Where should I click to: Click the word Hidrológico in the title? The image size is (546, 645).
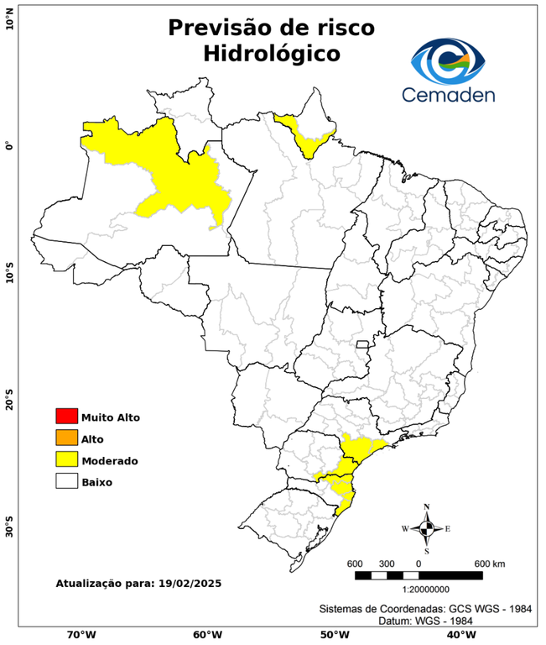271,54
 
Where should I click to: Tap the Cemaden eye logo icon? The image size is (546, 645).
448,59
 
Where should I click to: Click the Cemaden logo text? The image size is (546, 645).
448,95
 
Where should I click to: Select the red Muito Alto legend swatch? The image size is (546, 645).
66,417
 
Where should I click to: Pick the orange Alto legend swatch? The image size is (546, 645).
66,438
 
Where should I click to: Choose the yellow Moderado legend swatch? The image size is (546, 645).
66,460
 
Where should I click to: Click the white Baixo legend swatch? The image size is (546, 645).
66,482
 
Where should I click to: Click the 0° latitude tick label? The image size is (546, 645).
10,146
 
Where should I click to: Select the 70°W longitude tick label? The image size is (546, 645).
81,634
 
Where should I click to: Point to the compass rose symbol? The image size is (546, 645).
426,528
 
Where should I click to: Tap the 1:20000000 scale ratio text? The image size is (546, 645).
418,590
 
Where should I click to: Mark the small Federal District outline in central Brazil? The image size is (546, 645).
363,344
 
